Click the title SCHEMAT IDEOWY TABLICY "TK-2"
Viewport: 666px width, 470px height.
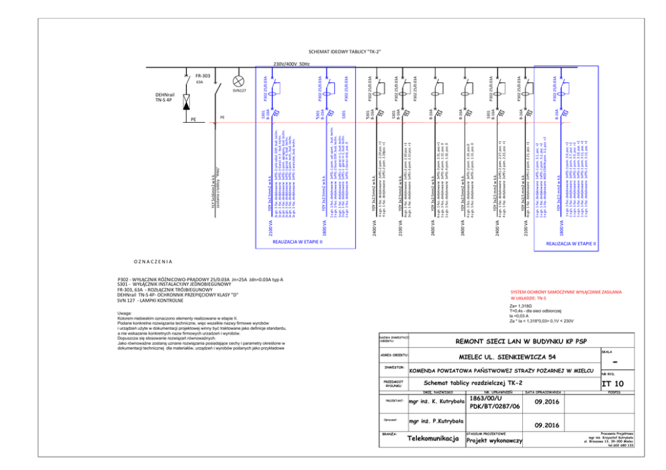pos(344,52)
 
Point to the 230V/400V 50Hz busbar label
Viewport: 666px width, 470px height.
pos(291,64)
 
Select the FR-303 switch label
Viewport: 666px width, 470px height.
pos(203,76)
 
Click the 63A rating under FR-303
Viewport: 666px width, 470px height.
pos(199,82)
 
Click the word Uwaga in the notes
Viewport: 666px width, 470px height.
pos(124,312)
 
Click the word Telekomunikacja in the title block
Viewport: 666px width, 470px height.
pos(434,439)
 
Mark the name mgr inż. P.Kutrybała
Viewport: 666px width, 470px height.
pos(436,421)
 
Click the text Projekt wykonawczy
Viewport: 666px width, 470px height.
pos(493,440)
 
